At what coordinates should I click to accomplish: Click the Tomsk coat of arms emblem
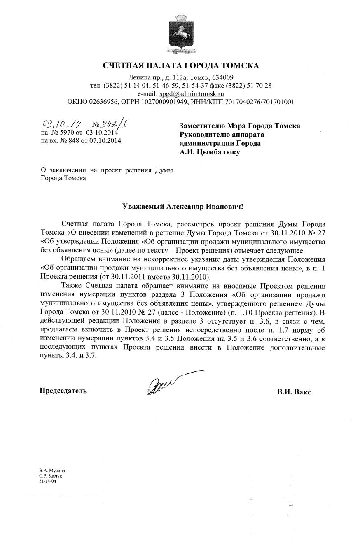(180, 34)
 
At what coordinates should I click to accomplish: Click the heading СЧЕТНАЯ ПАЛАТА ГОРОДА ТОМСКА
(180, 65)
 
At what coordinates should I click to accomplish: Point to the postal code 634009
(223, 77)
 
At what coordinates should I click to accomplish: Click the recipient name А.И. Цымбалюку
(210, 152)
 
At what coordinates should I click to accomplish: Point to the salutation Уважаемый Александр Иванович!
(183, 206)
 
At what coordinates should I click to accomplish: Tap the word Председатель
(63, 391)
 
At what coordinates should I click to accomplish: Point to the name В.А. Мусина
(52, 470)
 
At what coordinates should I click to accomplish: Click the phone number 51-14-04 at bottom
(47, 481)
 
